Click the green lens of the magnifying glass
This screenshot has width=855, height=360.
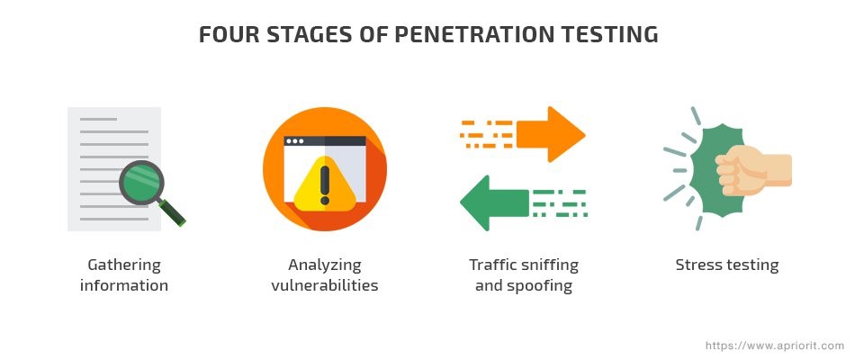click(x=141, y=182)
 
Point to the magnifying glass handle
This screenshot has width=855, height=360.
click(x=172, y=212)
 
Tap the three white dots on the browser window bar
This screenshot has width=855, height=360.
click(x=295, y=141)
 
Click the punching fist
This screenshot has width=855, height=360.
click(x=752, y=169)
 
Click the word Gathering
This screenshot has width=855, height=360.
click(x=124, y=265)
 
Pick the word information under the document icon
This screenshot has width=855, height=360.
click(x=124, y=285)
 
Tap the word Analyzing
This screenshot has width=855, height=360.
click(x=324, y=265)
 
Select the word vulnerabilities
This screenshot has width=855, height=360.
click(x=324, y=285)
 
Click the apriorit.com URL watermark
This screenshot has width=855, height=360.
click(x=774, y=346)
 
